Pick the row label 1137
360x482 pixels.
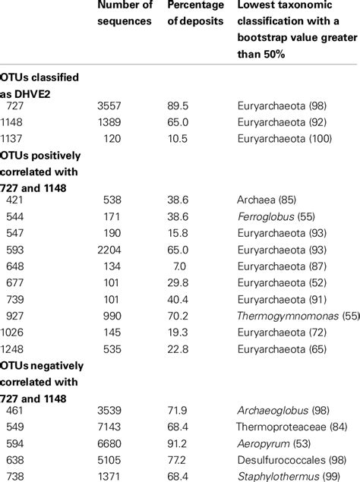[x=14, y=139]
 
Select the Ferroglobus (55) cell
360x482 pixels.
[x=273, y=216]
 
